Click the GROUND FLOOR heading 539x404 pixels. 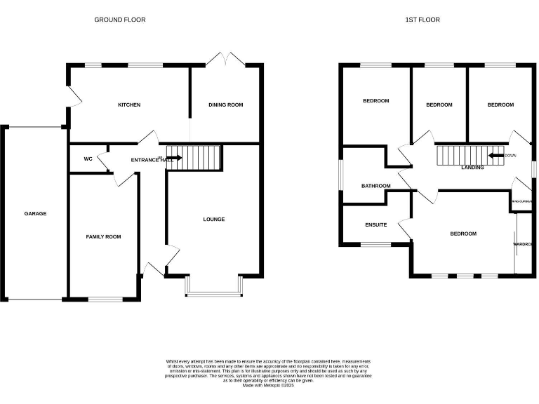[120, 20]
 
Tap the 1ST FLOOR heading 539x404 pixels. [422, 20]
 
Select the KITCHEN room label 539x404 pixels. [129, 105]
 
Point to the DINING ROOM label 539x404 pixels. [226, 105]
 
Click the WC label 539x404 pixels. [88, 159]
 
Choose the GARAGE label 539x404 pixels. [35, 213]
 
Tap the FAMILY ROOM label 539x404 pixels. [103, 237]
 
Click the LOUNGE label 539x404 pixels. [214, 220]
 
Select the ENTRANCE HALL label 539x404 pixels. [152, 160]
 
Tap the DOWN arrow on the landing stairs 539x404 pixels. [496, 156]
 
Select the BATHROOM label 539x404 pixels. [375, 187]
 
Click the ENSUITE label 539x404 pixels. [376, 225]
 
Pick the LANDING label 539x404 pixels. [472, 168]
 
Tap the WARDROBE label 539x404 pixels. [524, 244]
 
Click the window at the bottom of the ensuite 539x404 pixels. [375, 244]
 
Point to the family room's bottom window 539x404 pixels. [103, 299]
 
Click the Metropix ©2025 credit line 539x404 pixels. [269, 385]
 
